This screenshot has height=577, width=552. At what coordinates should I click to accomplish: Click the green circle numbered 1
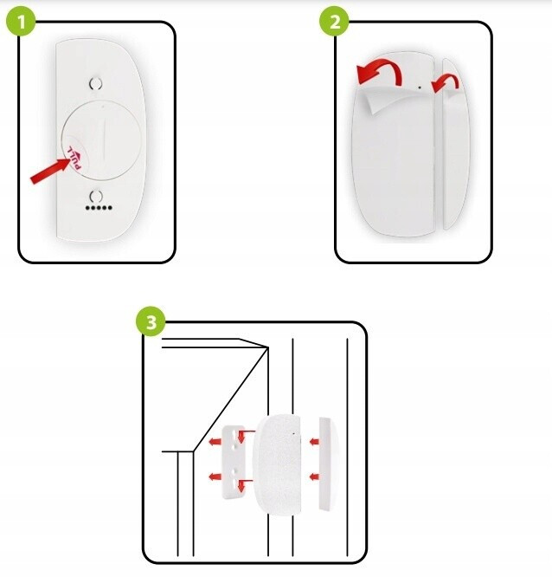22,22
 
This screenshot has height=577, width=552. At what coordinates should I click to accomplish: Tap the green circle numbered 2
335,22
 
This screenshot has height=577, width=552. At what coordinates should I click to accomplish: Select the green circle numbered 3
151,322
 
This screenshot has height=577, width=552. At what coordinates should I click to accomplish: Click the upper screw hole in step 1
96,84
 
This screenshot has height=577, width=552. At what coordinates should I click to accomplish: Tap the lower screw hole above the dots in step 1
96,196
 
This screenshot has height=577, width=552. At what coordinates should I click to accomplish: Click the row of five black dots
99,208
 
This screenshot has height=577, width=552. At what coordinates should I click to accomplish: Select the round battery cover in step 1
101,140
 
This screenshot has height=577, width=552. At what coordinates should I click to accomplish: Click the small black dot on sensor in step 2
420,88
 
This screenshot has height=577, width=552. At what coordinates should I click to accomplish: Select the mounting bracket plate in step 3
234,462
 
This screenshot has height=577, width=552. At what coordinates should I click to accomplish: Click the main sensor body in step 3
278,464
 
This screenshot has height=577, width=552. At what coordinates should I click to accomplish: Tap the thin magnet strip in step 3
328,464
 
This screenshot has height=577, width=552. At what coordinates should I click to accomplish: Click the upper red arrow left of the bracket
215,442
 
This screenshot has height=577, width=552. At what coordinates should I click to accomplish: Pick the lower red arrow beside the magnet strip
314,477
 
